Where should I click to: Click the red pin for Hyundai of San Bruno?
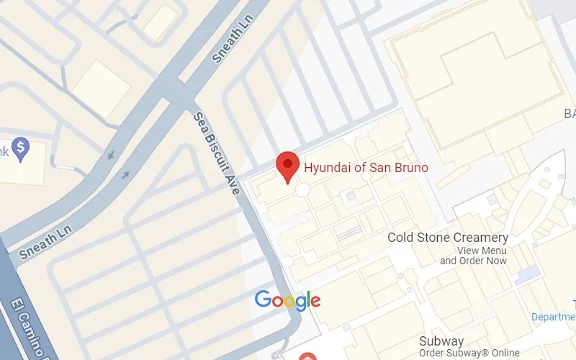289,166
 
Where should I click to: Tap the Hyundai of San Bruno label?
366,168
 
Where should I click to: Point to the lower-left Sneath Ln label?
46,243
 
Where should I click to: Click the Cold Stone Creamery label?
448,238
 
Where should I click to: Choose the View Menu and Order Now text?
473,256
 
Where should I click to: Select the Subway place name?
441,341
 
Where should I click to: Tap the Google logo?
287,300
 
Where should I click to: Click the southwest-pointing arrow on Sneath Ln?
111,154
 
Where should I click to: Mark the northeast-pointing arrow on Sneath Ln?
126,175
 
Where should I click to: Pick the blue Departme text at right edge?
553,317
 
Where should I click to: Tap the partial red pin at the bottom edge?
307,356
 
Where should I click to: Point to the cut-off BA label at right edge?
569,114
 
